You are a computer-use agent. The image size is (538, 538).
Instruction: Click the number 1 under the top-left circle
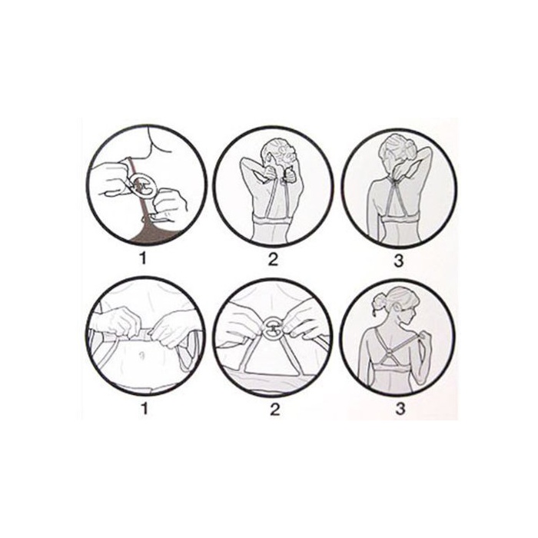144,258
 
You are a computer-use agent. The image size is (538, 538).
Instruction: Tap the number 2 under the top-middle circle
272,260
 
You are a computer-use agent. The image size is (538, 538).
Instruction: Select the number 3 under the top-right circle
398,261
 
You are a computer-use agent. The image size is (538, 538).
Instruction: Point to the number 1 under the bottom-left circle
144,407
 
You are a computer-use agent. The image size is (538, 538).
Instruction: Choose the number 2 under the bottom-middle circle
274,409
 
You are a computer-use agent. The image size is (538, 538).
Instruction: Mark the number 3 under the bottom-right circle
400,409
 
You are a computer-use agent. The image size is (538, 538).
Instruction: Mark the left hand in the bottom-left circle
119,320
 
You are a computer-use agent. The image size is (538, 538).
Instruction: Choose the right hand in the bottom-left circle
171,329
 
